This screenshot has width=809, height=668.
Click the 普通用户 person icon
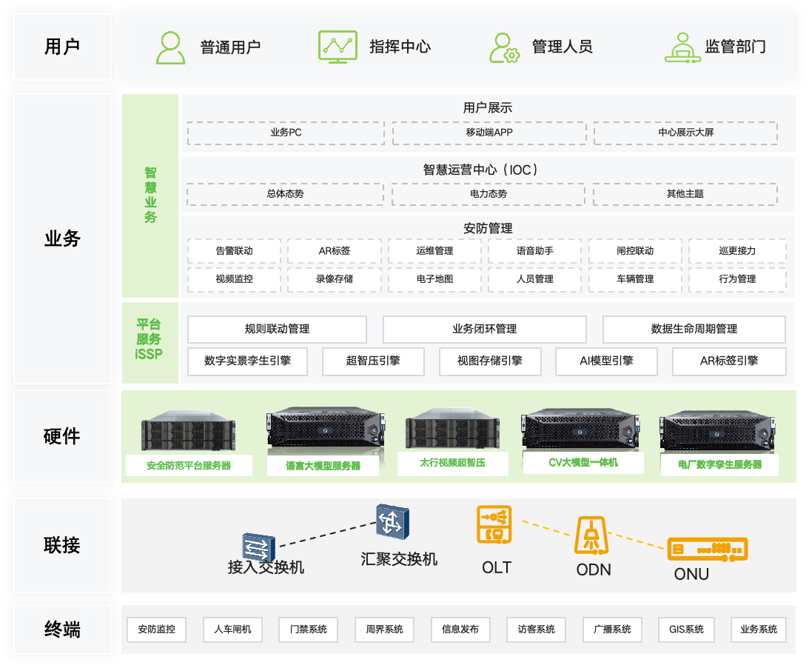pyautogui.click(x=171, y=47)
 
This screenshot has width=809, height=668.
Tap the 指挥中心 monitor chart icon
pyautogui.click(x=338, y=46)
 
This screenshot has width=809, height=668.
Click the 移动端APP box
pyautogui.click(x=485, y=133)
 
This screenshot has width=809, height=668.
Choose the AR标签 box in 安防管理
pyautogui.click(x=335, y=251)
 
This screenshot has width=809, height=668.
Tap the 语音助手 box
pyautogui.click(x=535, y=251)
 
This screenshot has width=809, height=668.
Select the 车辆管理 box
pyautogui.click(x=635, y=279)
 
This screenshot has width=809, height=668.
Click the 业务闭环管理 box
pyautogui.click(x=485, y=329)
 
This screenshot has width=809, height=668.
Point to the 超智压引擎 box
pyautogui.click(x=373, y=361)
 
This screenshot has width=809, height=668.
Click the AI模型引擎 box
pyautogui.click(x=606, y=361)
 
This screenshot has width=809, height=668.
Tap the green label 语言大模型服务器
pyautogui.click(x=323, y=466)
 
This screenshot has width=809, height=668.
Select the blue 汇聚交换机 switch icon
pyautogui.click(x=389, y=522)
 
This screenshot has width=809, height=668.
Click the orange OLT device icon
pyautogui.click(x=494, y=524)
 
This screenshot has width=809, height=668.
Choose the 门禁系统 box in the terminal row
pyautogui.click(x=308, y=629)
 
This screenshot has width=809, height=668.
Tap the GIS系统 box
pyautogui.click(x=686, y=629)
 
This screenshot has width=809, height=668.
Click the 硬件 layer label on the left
pyautogui.click(x=62, y=436)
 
